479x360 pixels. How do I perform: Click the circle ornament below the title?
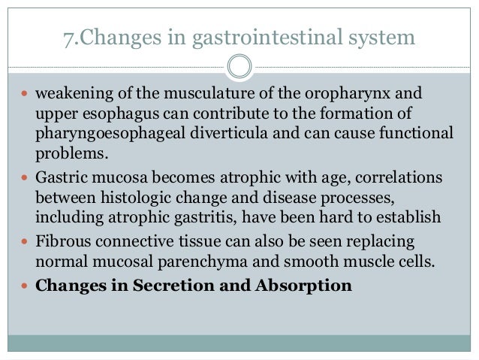pos(239,66)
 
